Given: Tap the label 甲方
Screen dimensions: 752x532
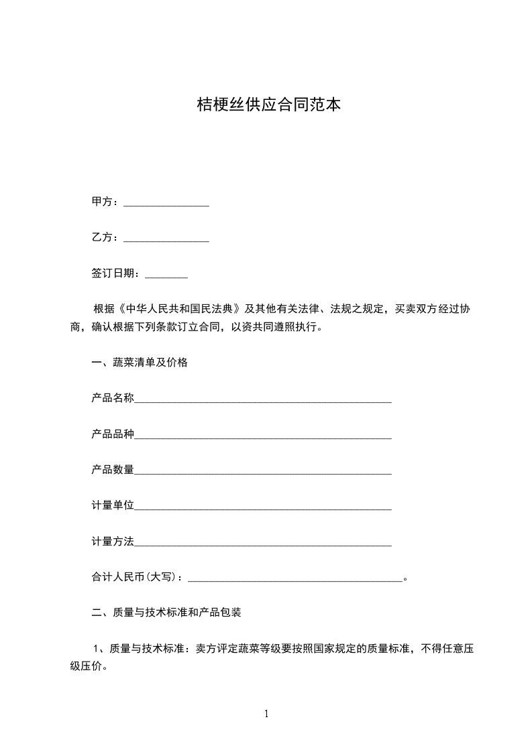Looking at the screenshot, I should click(x=102, y=201).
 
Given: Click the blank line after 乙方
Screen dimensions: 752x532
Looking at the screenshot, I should click(x=166, y=239).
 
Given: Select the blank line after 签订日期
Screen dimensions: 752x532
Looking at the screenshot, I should click(x=166, y=274).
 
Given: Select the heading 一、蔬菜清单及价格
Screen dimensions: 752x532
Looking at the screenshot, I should click(x=140, y=363).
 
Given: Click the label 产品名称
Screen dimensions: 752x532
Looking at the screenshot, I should click(x=113, y=398).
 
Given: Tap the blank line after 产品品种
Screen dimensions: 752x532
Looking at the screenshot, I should click(x=263, y=436).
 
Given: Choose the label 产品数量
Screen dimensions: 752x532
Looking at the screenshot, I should click(x=113, y=470).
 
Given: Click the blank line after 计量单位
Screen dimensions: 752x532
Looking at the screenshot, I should click(x=263, y=507).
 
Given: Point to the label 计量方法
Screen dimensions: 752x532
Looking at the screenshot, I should click(x=113, y=541).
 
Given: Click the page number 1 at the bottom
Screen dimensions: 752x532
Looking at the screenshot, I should click(x=266, y=714).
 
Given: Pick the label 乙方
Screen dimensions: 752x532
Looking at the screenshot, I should click(x=102, y=237).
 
